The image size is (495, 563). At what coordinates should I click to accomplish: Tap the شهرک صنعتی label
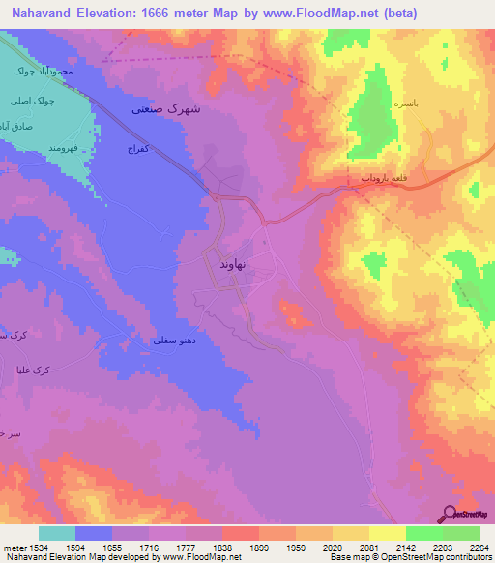166,109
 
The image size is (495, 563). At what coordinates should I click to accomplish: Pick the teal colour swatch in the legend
57,533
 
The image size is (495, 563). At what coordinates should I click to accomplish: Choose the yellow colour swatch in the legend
387,533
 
